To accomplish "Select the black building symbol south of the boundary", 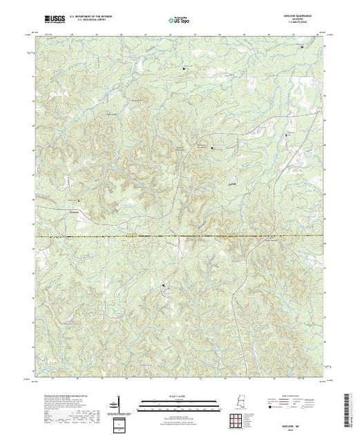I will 163,284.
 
